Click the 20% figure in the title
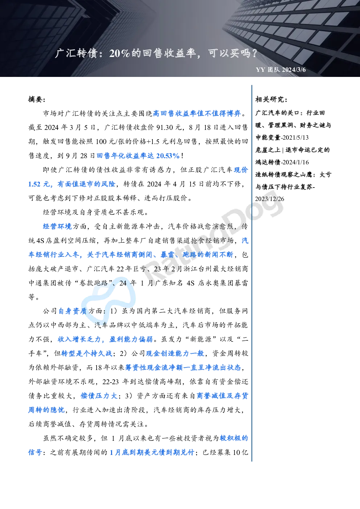point(119,53)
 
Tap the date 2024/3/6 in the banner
point(294,70)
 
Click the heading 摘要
point(37,99)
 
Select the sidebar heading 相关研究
point(271,99)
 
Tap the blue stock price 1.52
point(34,184)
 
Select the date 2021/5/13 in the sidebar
point(296,137)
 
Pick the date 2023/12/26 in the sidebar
point(270,199)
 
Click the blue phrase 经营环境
point(57,226)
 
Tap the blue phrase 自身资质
point(73,311)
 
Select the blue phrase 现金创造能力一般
point(175,353)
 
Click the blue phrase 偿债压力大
point(99,396)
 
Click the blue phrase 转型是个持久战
point(87,353)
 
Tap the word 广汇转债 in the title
point(76,53)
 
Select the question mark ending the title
point(254,53)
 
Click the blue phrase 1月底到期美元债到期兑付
point(152,452)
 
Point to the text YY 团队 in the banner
point(268,70)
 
